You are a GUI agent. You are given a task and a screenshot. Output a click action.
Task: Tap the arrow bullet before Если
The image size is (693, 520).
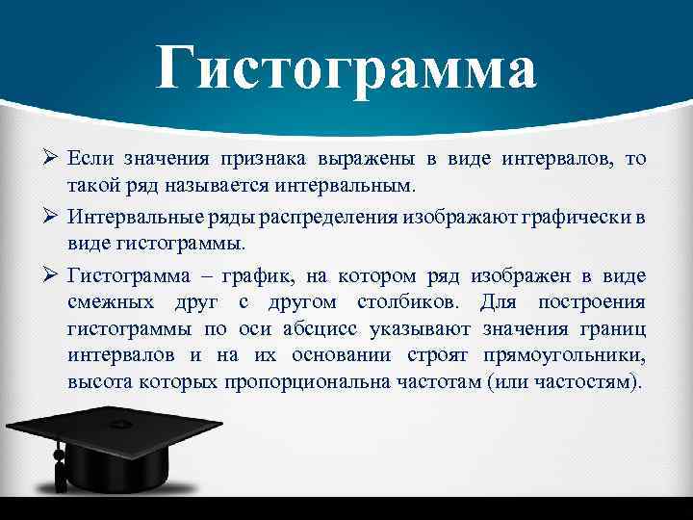pos(52,158)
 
